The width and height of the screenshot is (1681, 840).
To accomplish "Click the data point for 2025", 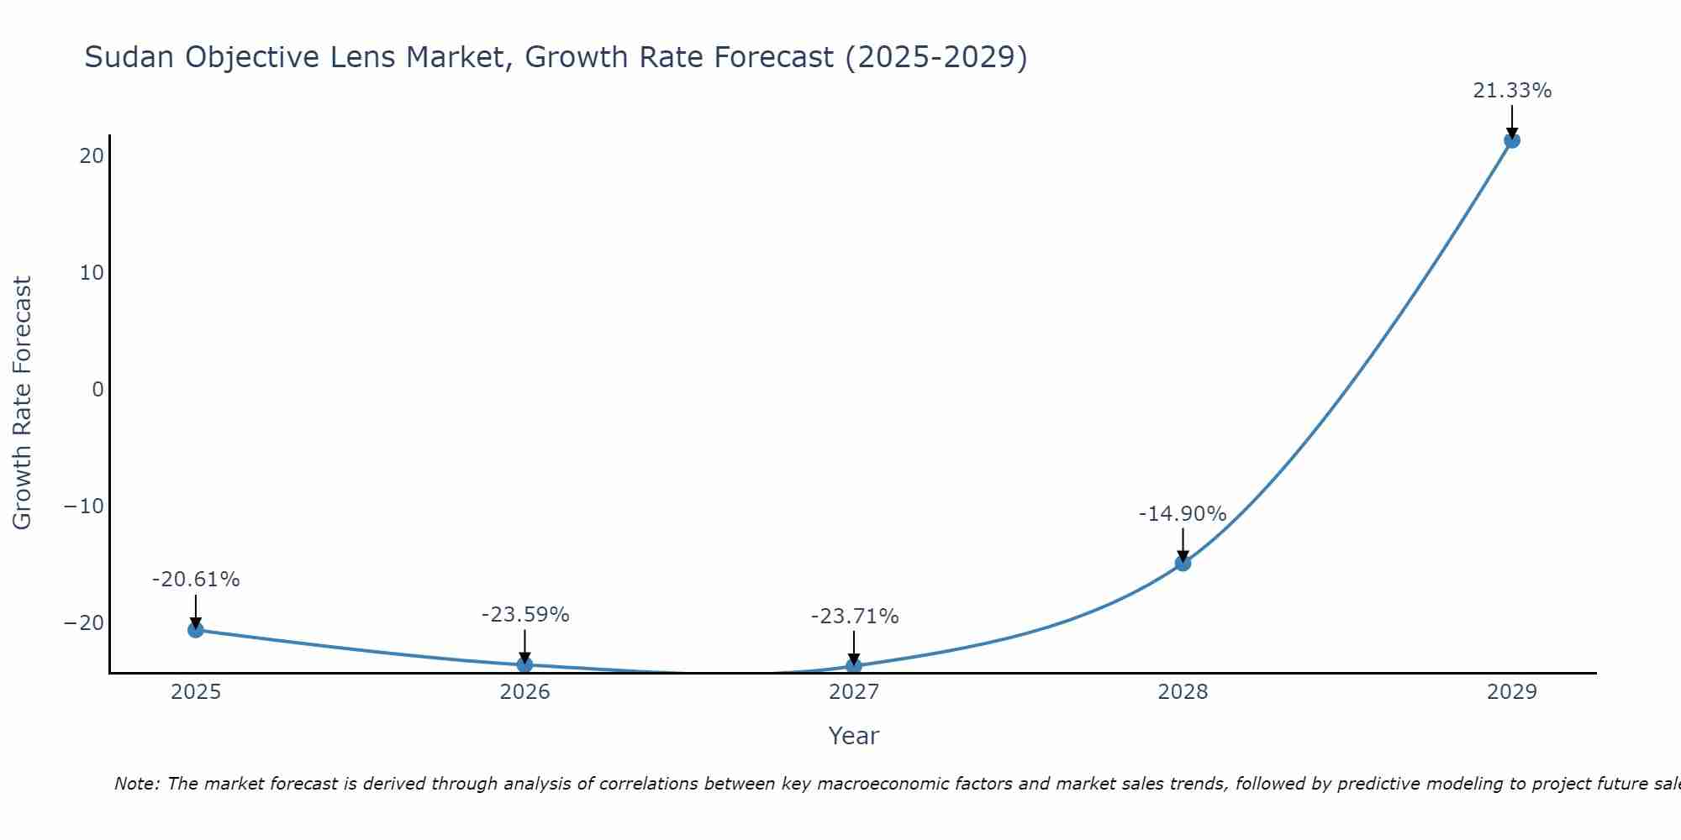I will pyautogui.click(x=196, y=629).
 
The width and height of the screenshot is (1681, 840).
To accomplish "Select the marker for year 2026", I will pyautogui.click(x=524, y=664).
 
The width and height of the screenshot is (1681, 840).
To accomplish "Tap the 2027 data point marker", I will pyautogui.click(x=854, y=666).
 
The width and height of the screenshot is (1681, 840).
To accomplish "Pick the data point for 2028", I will pyautogui.click(x=1183, y=563).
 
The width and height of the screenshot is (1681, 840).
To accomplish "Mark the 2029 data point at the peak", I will pyautogui.click(x=1512, y=140).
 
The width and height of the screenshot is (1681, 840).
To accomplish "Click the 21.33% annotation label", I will pyautogui.click(x=1512, y=91).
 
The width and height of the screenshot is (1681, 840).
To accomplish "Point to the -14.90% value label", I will pyautogui.click(x=1183, y=514).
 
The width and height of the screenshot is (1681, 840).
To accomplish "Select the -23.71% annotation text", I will pyautogui.click(x=854, y=617).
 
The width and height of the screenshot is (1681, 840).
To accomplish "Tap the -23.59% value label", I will pyautogui.click(x=524, y=615).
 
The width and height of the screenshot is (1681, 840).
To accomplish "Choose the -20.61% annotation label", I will pyautogui.click(x=196, y=580).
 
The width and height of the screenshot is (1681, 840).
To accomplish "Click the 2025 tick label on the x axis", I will pyautogui.click(x=196, y=692).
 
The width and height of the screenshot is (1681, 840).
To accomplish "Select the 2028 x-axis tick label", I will pyautogui.click(x=1183, y=692).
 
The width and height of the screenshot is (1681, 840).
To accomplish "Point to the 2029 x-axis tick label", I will pyautogui.click(x=1512, y=692).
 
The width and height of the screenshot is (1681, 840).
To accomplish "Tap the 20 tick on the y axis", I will pyautogui.click(x=92, y=156).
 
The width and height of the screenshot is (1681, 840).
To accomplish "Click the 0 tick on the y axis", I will pyautogui.click(x=98, y=390).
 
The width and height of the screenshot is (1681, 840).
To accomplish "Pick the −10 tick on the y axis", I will pyautogui.click(x=84, y=507).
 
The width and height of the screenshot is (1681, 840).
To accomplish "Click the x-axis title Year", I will pyautogui.click(x=854, y=736).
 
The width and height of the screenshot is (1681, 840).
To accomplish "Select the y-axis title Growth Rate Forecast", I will pyautogui.click(x=23, y=402).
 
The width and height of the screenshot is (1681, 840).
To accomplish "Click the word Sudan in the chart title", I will pyautogui.click(x=130, y=57).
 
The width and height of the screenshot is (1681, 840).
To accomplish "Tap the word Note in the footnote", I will pyautogui.click(x=135, y=784).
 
